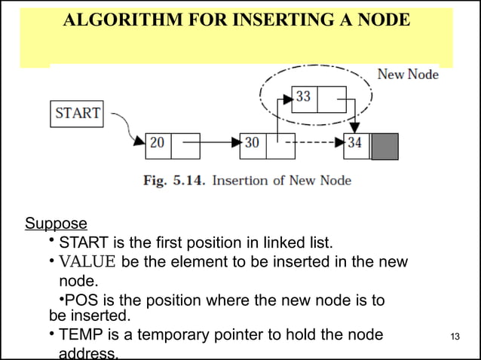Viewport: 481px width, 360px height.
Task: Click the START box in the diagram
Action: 78,114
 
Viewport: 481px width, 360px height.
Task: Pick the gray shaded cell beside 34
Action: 385,145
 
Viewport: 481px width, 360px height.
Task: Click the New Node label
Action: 407,75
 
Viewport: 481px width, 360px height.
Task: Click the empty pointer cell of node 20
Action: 185,145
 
